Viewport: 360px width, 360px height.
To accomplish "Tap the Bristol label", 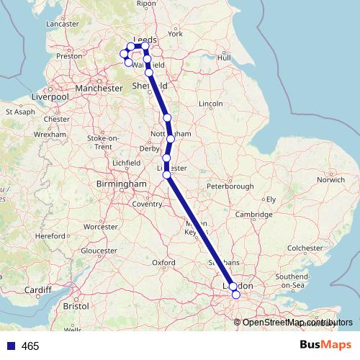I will click(x=76, y=306).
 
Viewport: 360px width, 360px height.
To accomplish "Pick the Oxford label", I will click(x=163, y=263).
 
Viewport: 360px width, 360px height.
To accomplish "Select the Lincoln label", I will click(x=210, y=104).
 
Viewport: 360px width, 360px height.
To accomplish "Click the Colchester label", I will click(x=302, y=247).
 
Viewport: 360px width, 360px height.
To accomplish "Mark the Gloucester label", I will click(x=99, y=251).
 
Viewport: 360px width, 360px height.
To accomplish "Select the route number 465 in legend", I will click(x=30, y=346).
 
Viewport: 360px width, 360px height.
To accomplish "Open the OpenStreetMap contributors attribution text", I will click(x=292, y=322).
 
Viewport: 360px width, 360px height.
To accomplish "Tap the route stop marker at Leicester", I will click(x=166, y=174).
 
